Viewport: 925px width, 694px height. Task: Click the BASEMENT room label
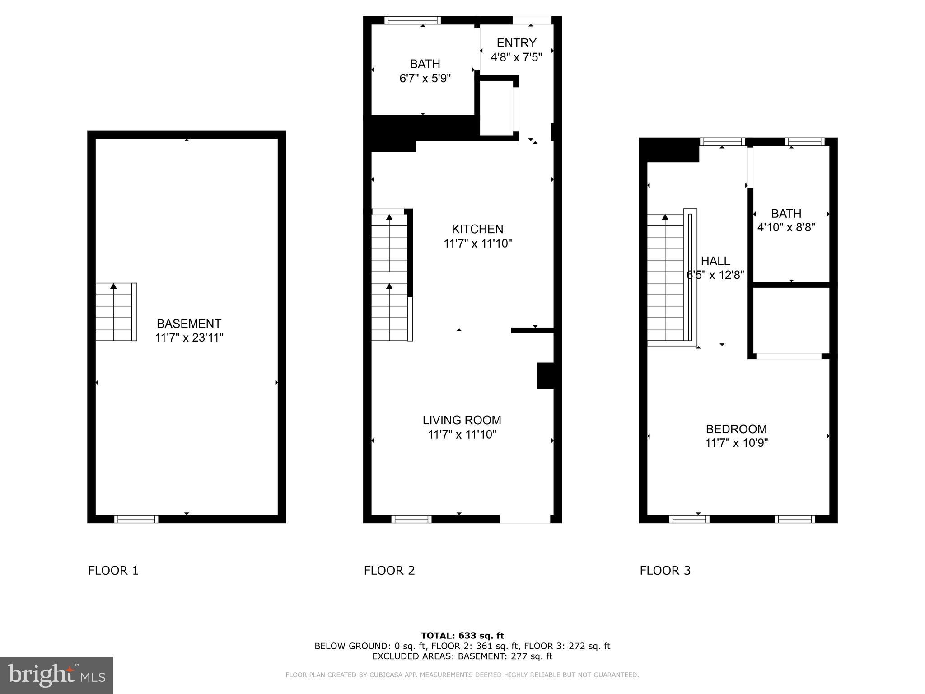(189, 324)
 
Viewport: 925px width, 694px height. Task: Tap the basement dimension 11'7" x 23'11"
(189, 338)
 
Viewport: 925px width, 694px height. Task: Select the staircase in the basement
(116, 312)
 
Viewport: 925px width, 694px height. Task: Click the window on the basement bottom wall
(136, 519)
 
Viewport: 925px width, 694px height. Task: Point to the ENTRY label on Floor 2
(516, 43)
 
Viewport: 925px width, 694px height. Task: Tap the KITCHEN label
(477, 229)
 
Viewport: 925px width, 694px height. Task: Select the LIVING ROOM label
(462, 420)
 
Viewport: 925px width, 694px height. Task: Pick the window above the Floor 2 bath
(412, 20)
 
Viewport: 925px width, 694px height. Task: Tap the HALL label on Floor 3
(715, 261)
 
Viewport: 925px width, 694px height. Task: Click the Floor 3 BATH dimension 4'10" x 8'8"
(786, 227)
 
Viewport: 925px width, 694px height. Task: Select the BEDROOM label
(736, 429)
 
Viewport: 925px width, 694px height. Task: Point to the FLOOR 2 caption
(389, 571)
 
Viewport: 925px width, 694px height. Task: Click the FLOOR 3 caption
(665, 571)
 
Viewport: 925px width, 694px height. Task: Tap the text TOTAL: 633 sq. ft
(462, 636)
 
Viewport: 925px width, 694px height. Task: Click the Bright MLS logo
(56, 675)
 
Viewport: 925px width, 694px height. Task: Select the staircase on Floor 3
(666, 278)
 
